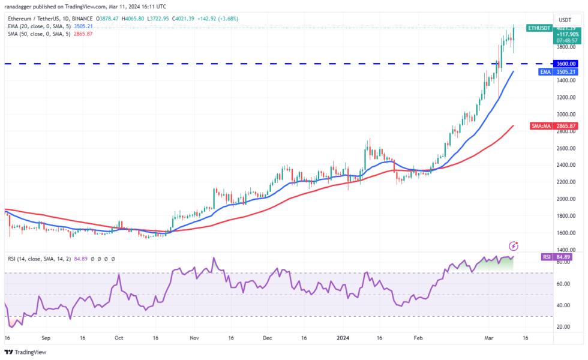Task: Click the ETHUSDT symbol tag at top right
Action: pos(538,28)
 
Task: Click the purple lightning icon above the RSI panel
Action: pos(514,246)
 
